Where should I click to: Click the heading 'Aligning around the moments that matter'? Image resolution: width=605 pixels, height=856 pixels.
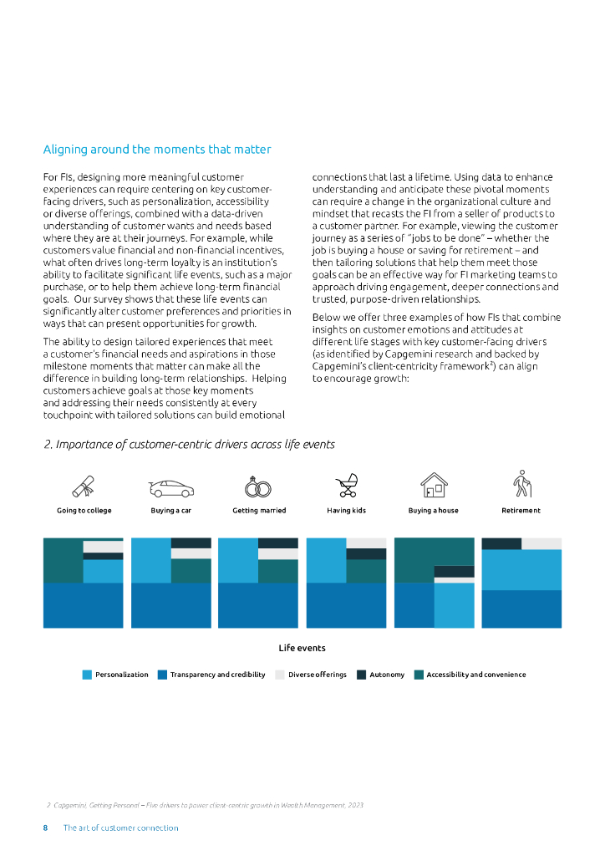157,150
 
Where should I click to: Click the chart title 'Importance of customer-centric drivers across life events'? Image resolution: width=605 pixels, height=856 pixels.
189,445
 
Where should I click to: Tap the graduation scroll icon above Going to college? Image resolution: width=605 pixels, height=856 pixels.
84,487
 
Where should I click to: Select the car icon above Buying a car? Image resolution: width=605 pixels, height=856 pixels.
171,488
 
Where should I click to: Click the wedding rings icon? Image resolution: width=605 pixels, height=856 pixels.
259,487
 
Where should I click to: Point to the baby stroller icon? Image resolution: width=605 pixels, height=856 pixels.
346,487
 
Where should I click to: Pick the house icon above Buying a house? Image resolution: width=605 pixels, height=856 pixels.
434,486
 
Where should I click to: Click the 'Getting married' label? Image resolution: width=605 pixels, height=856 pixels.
259,511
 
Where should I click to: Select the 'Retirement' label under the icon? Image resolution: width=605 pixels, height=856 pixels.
521,511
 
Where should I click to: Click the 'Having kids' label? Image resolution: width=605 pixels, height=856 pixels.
346,511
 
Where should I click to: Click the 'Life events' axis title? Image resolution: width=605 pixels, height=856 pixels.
302,648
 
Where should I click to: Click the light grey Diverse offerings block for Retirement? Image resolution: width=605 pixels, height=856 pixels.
541,543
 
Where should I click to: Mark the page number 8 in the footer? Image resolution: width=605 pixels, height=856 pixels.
46,828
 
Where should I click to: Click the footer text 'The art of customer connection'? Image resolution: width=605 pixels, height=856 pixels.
120,828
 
